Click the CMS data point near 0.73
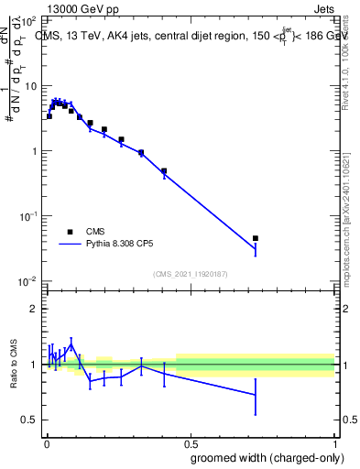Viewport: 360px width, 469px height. point(256,238)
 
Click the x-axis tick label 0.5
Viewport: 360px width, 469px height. point(191,442)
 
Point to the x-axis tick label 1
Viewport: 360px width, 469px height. point(334,442)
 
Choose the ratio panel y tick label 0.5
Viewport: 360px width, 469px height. point(28,420)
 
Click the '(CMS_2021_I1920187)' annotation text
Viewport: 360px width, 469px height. point(191,274)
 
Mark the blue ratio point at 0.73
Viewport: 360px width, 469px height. point(256,394)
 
